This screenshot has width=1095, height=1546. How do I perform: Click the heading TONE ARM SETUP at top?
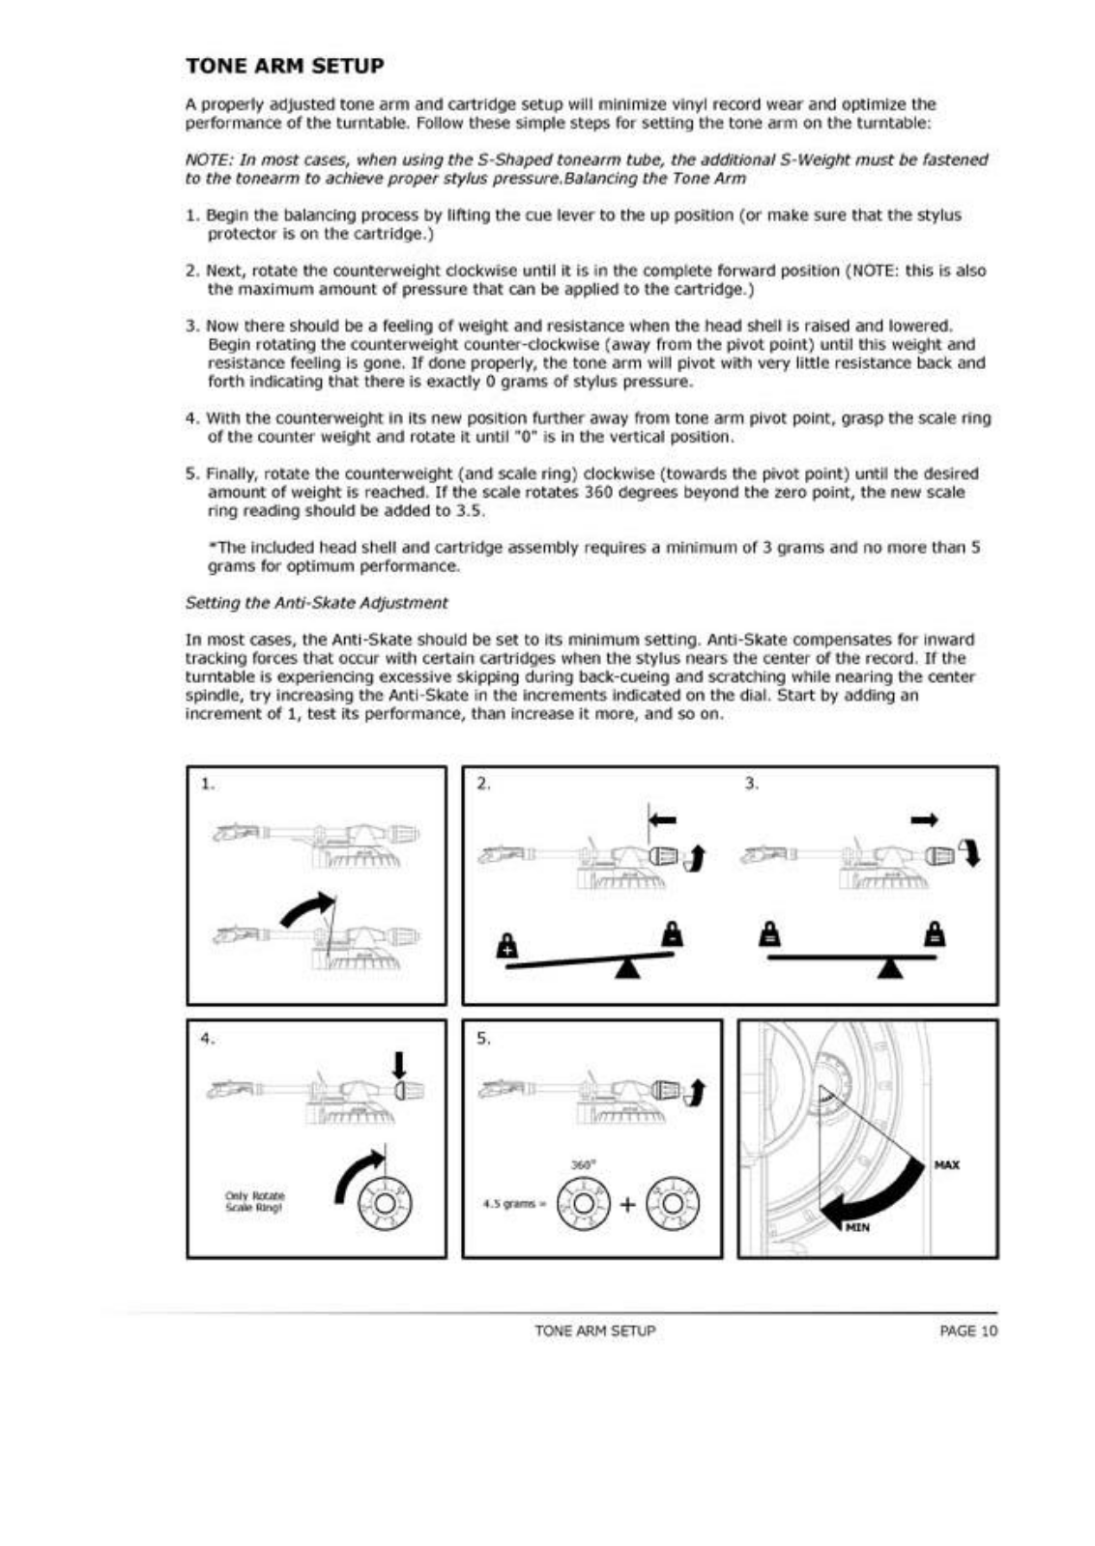[x=284, y=66]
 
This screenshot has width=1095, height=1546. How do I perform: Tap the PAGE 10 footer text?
[x=967, y=1331]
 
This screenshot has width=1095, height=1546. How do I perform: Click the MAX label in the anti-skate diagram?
[x=946, y=1164]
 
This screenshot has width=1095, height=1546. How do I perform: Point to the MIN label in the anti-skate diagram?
[x=857, y=1227]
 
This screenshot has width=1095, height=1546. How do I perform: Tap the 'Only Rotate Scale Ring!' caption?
[x=255, y=1201]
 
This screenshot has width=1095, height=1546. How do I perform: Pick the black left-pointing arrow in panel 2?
[x=663, y=819]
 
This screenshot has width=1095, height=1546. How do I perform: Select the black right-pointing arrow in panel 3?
[x=924, y=820]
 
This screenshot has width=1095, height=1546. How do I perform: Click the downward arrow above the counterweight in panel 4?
[x=398, y=1064]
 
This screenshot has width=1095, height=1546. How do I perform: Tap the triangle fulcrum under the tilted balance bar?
[x=628, y=967]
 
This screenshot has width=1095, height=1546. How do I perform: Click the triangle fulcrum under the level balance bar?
[x=890, y=967]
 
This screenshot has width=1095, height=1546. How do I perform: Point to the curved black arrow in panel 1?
[x=304, y=908]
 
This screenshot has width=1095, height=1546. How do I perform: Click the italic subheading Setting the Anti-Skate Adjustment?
[x=316, y=603]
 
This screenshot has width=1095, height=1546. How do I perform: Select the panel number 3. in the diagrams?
[x=752, y=784]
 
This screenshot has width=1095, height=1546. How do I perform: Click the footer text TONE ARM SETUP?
[x=594, y=1331]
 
